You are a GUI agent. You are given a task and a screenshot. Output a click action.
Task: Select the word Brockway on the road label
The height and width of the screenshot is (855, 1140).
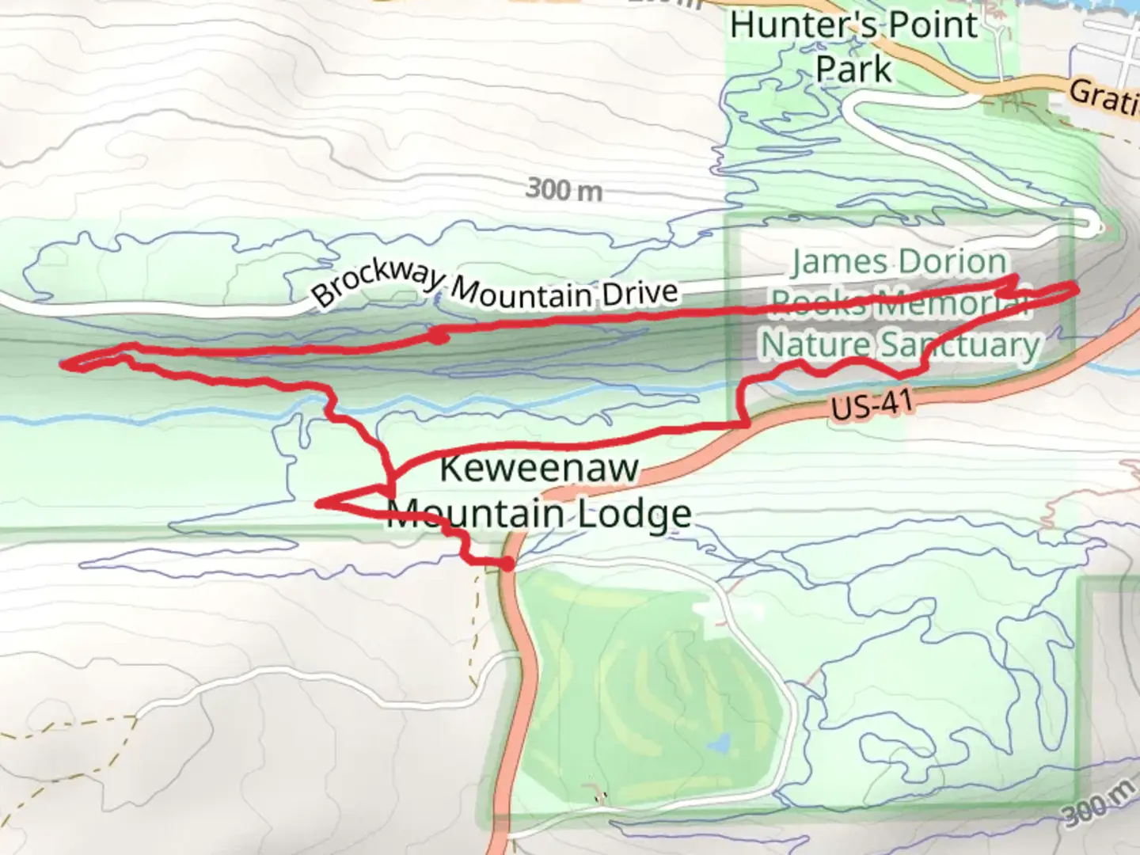pyautogui.click(x=378, y=282)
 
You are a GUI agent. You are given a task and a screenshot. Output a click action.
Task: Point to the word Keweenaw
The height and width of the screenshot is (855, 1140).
pyautogui.click(x=538, y=468)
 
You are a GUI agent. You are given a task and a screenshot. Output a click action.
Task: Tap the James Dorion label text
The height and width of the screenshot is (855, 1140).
pyautogui.click(x=899, y=262)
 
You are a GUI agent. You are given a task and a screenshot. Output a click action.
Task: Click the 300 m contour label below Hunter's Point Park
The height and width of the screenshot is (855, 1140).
pyautogui.click(x=564, y=189)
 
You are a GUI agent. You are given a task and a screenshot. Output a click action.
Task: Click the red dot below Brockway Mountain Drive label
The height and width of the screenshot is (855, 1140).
pyautogui.click(x=438, y=337)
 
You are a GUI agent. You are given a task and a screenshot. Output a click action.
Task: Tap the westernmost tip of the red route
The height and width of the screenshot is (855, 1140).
pyautogui.click(x=64, y=364)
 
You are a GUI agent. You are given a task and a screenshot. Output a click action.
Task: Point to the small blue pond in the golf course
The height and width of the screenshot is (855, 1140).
pyautogui.click(x=719, y=745)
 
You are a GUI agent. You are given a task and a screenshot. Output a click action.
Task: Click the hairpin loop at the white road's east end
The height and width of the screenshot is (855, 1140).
pyautogui.click(x=1096, y=228)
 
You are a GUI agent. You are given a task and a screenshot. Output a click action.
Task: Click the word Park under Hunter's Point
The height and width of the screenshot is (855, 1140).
pyautogui.click(x=853, y=70)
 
